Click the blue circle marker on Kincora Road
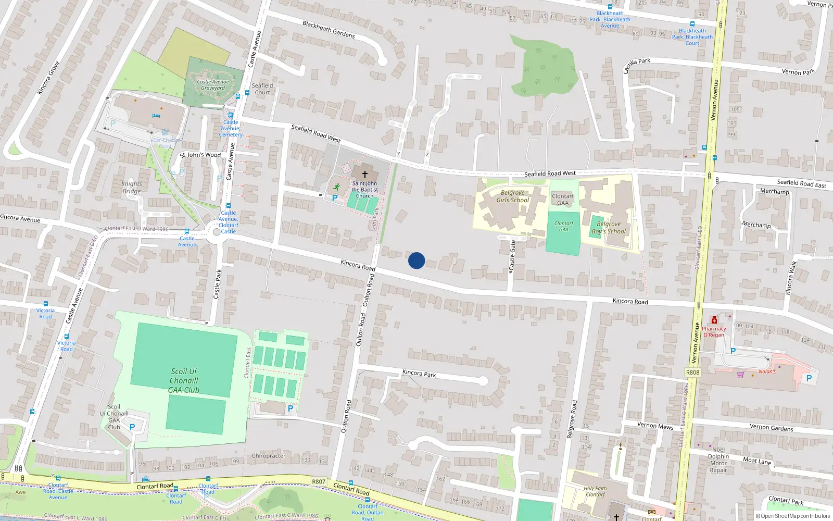(x=416, y=260)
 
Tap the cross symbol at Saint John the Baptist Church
(x=365, y=174)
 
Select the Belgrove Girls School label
(x=512, y=196)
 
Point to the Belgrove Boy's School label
(x=609, y=228)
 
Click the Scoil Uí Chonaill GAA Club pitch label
(x=184, y=380)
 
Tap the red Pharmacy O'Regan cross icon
(x=714, y=320)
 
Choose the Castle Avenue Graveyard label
(x=213, y=85)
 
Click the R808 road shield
(x=692, y=373)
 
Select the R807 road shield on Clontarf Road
(x=318, y=482)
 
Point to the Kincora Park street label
(x=419, y=374)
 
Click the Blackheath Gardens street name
(x=329, y=30)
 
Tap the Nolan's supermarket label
(x=766, y=371)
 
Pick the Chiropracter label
(x=268, y=456)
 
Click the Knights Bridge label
(x=132, y=188)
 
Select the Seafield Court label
(x=262, y=89)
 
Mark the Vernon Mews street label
(x=655, y=426)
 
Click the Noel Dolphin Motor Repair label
(x=718, y=460)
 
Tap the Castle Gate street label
(x=512, y=255)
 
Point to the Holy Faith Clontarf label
(x=595, y=492)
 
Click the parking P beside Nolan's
(x=809, y=379)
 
